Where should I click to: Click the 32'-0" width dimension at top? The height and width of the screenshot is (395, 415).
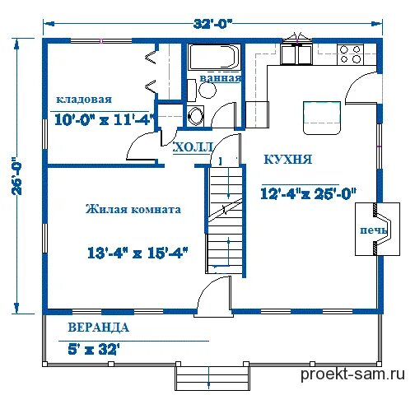click(212, 24)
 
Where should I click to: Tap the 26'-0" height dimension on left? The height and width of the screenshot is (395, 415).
click(17, 175)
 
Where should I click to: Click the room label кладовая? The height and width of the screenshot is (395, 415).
click(84, 99)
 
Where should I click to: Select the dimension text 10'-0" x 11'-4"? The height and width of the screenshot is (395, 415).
click(104, 120)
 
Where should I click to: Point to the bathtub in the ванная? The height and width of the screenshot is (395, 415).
click(214, 58)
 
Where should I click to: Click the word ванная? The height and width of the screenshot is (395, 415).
click(221, 78)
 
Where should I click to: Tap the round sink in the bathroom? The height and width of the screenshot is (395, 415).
click(207, 90)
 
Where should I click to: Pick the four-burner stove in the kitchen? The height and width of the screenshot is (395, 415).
click(352, 54)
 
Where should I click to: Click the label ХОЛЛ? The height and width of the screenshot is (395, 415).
click(194, 147)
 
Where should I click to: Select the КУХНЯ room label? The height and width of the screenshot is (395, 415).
click(287, 160)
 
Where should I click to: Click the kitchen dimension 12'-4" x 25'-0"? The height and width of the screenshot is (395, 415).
click(308, 193)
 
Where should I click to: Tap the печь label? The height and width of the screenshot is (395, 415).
click(374, 230)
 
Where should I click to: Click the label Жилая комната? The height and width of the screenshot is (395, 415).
click(133, 209)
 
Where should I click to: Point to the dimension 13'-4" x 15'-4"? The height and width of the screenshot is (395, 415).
click(138, 253)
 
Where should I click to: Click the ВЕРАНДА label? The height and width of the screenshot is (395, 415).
click(98, 328)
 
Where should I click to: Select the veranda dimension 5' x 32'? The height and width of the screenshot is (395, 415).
click(94, 350)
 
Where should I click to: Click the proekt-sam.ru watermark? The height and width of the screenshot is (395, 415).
click(352, 374)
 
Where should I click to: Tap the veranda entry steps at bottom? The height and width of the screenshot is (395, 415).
click(212, 378)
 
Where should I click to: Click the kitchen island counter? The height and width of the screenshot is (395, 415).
click(322, 118)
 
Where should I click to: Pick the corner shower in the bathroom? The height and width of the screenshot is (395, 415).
click(195, 115)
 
